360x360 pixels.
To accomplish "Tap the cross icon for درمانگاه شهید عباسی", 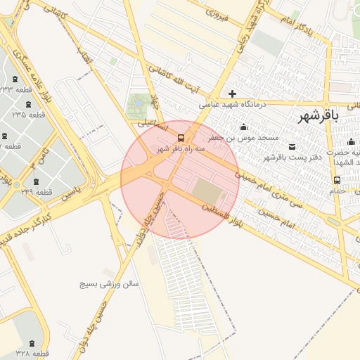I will pos(232,94).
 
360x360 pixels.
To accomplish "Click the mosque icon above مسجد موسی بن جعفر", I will pos(244,127).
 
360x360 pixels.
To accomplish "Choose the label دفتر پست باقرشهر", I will pos(292,157).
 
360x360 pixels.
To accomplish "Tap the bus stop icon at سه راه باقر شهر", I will pos(181,138).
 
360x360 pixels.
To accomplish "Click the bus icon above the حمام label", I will pos(337,180).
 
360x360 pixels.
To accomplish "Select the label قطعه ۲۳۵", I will pos(29,114).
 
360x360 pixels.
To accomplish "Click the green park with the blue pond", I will pos(139,106).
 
